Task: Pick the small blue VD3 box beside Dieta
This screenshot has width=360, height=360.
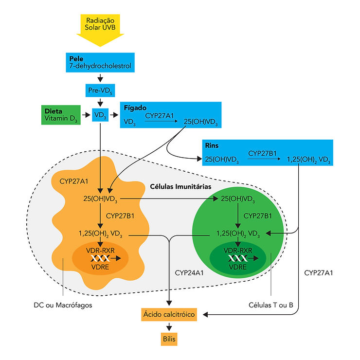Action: (100, 115)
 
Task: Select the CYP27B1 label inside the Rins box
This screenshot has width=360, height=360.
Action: (262, 153)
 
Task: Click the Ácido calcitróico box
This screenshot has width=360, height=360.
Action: (169, 315)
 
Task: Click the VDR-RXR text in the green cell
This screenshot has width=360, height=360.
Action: (238, 250)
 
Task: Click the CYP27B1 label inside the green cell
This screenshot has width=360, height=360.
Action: (257, 215)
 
